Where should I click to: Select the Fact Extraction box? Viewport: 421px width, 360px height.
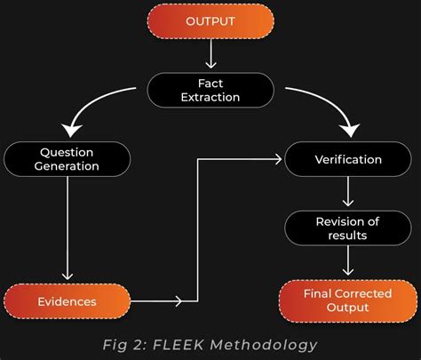pyautogui.click(x=210, y=89)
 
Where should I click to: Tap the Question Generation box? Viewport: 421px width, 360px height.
pyautogui.click(x=67, y=158)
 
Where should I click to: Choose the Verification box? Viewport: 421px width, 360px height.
pyautogui.click(x=348, y=160)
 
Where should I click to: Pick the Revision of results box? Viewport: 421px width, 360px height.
pyautogui.click(x=348, y=228)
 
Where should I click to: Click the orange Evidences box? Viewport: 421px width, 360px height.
pyautogui.click(x=67, y=300)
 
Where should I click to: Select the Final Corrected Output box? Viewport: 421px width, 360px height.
pyautogui.click(x=348, y=300)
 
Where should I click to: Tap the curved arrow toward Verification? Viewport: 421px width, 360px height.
pyautogui.click(x=324, y=102)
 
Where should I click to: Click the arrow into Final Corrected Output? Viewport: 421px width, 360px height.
pyautogui.click(x=348, y=263)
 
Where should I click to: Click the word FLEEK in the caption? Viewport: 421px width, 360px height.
pyautogui.click(x=172, y=344)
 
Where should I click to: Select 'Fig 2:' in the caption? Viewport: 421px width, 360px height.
pyautogui.click(x=123, y=344)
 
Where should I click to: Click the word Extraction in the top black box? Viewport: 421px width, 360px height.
pyautogui.click(x=210, y=97)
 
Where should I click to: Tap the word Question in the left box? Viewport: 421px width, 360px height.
pyautogui.click(x=67, y=150)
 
